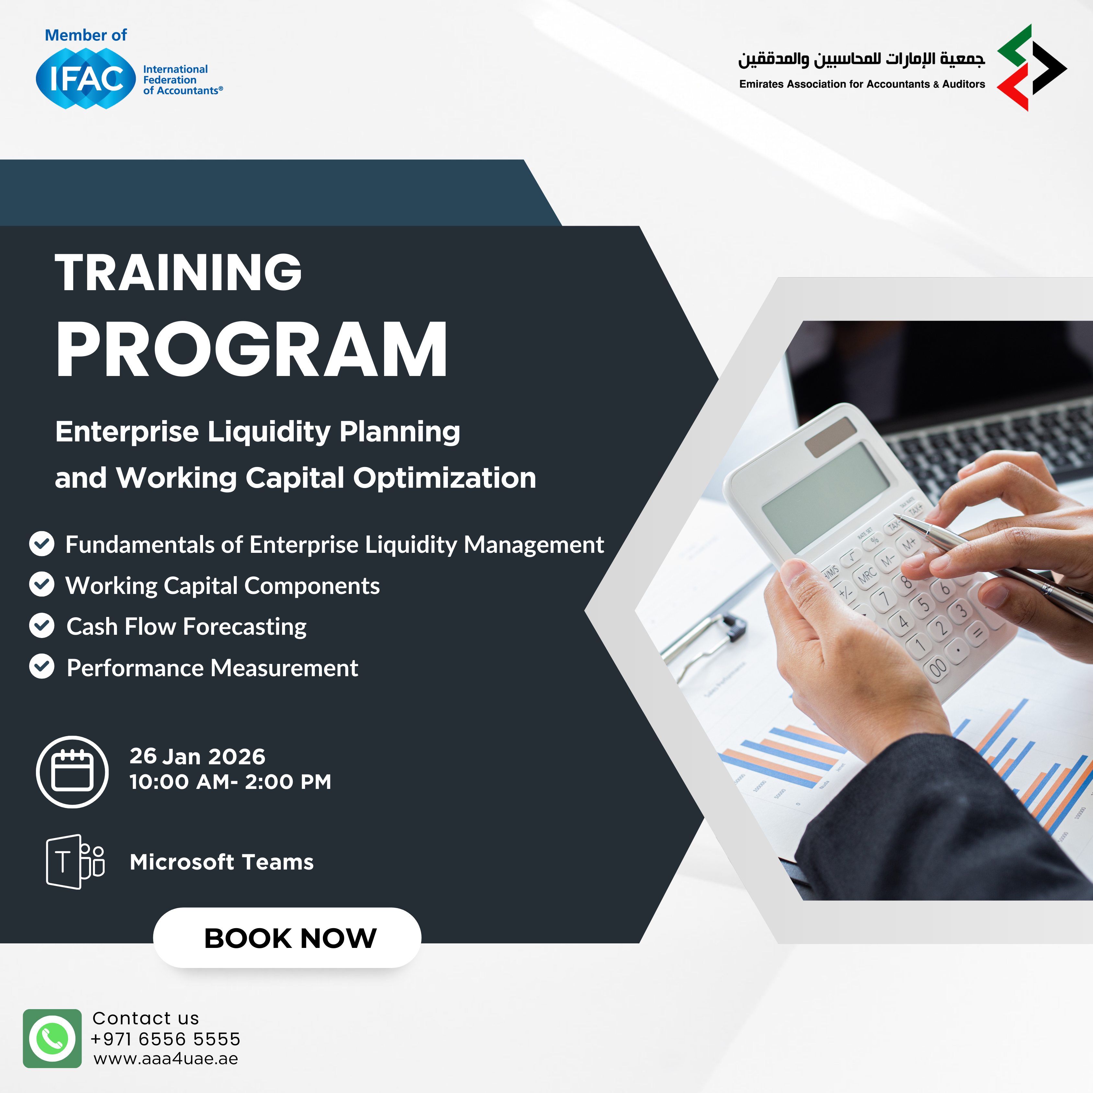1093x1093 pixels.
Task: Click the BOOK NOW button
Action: click(287, 938)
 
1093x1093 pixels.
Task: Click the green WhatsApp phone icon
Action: click(52, 1039)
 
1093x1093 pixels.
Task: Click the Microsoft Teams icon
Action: click(75, 862)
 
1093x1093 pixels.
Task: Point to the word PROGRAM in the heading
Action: click(252, 349)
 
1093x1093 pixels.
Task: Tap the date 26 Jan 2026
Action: click(198, 757)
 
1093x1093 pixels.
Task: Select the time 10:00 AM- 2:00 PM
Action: click(230, 782)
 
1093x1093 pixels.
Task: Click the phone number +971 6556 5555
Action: click(165, 1039)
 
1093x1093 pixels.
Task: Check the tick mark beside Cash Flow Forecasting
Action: click(42, 626)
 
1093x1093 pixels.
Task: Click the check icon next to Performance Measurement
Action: click(42, 666)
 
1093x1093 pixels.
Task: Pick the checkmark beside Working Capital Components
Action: click(42, 585)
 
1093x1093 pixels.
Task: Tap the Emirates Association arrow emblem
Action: click(1032, 67)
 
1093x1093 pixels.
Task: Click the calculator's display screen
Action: click(825, 497)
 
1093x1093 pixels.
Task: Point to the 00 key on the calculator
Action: click(938, 667)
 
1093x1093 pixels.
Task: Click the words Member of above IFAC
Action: click(86, 35)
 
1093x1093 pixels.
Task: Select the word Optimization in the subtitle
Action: click(445, 478)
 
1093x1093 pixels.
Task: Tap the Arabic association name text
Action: click(861, 59)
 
